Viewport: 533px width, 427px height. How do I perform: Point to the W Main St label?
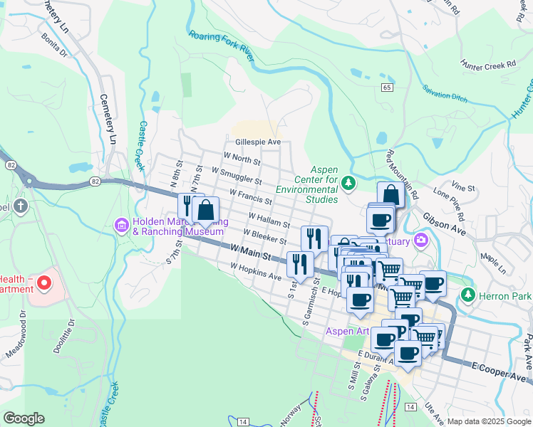[251, 251]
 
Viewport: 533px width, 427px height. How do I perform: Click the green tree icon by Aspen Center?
[348, 184]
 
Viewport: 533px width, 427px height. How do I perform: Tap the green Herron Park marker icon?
[467, 294]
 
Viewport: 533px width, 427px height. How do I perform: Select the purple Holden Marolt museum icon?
[122, 226]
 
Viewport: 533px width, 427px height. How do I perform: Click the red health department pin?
[44, 283]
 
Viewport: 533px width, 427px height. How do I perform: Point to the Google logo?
[24, 418]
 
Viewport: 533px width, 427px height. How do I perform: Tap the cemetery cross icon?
[21, 207]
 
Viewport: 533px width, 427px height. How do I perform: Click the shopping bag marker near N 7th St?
[205, 211]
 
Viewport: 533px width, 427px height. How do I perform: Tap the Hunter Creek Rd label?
[488, 64]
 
